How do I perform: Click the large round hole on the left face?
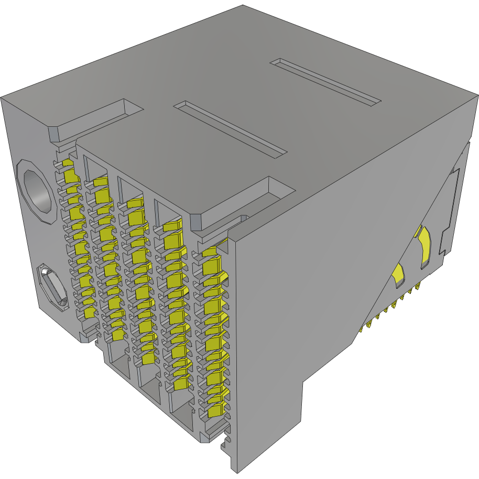point(36,192)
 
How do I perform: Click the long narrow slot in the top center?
point(231,129)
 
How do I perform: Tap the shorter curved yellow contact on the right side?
point(399,275)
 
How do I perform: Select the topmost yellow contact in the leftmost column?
point(68,164)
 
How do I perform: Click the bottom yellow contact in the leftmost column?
point(89,313)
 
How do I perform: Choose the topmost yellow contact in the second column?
point(100,182)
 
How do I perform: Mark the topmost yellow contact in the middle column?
point(135,203)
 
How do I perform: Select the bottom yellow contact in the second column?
point(117,334)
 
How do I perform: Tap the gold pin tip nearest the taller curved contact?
point(418,287)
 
